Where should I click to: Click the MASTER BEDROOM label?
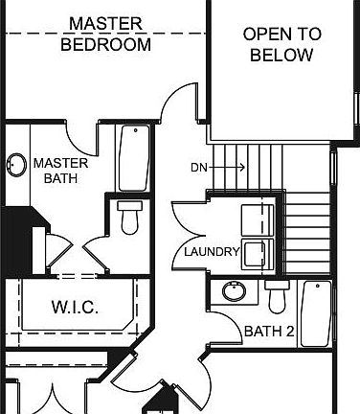(x=105, y=34)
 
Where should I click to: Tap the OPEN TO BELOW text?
(x=281, y=44)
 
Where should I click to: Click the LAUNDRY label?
(x=212, y=251)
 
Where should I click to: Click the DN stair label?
(x=199, y=168)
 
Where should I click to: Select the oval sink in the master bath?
(x=16, y=165)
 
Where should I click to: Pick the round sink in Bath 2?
(x=231, y=290)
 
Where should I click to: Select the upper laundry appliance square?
(x=257, y=219)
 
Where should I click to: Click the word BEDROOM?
(x=105, y=44)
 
